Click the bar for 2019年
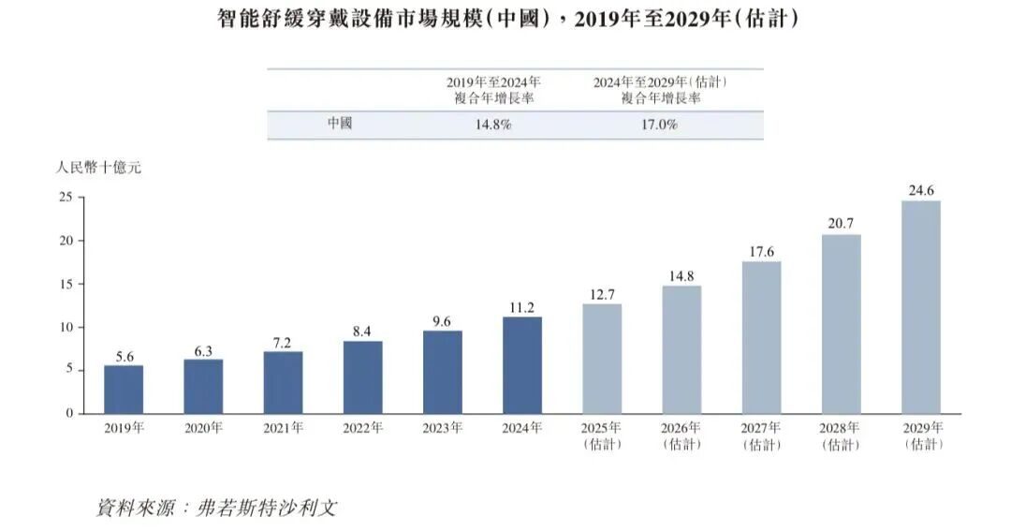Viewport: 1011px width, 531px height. click(x=124, y=390)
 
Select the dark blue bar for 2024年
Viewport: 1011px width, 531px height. click(x=521, y=365)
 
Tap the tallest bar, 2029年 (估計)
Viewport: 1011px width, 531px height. click(x=920, y=307)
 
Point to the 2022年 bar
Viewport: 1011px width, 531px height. click(x=362, y=377)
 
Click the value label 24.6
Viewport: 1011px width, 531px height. click(x=920, y=191)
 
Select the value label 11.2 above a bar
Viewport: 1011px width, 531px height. click(x=521, y=307)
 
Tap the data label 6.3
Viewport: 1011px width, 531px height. click(x=203, y=349)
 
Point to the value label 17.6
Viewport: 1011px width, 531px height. click(x=761, y=252)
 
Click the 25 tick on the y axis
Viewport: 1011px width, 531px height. click(x=66, y=198)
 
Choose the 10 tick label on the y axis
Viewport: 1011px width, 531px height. click(x=66, y=327)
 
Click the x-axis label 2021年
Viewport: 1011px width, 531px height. click(x=283, y=428)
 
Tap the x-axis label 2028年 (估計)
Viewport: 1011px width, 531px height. click(x=841, y=435)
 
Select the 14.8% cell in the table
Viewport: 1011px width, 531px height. click(x=493, y=125)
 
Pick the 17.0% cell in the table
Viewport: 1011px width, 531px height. click(x=660, y=125)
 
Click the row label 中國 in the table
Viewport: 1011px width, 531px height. click(x=340, y=124)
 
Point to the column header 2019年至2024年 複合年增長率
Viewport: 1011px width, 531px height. click(x=493, y=90)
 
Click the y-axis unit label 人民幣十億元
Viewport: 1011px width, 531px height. click(x=98, y=169)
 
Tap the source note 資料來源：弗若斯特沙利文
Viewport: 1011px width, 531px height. click(x=216, y=509)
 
